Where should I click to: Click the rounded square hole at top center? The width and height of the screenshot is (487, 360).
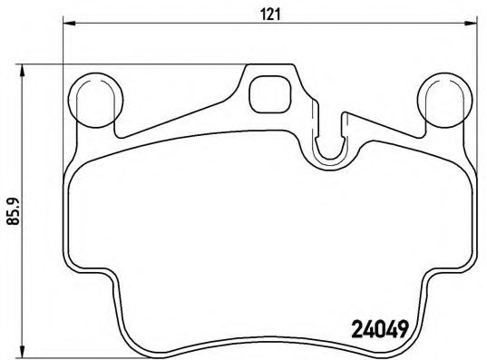coord(268,92)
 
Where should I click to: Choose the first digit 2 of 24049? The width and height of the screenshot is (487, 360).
coord(356,330)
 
